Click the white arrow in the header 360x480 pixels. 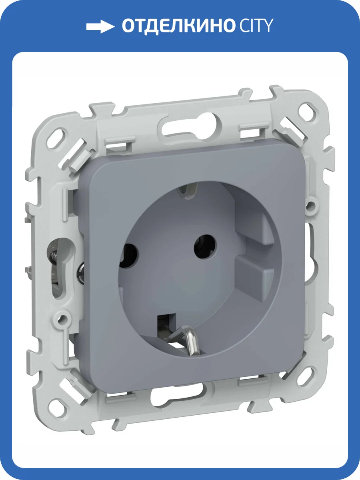pos(100,26)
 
